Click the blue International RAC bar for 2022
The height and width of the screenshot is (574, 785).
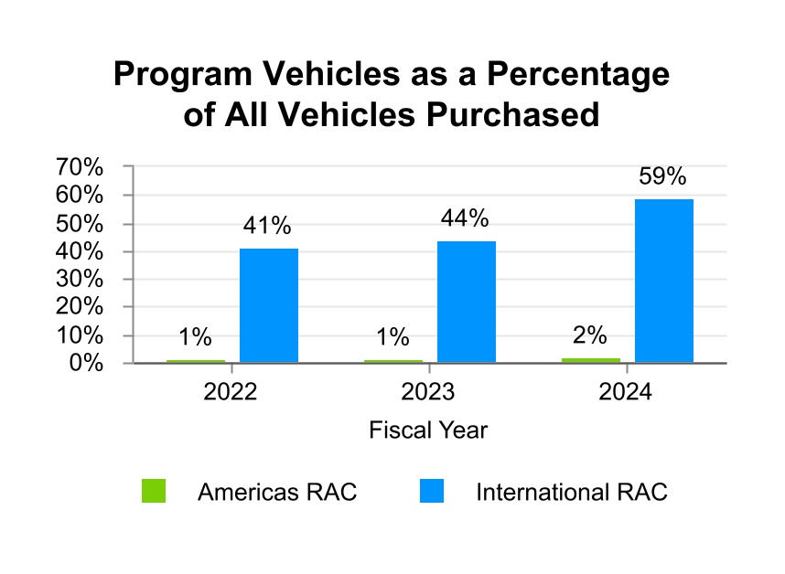[x=268, y=305]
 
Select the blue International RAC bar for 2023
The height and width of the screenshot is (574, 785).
[x=466, y=302]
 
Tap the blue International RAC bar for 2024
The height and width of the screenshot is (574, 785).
[x=663, y=281]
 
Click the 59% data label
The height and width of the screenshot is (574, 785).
[x=662, y=177]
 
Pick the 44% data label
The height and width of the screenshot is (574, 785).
[x=466, y=219]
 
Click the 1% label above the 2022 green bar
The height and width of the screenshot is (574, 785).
[x=196, y=337]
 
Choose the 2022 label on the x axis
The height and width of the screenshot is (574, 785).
[x=231, y=392]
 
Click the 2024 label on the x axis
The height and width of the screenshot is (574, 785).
[x=626, y=392]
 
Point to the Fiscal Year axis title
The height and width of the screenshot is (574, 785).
[x=428, y=430]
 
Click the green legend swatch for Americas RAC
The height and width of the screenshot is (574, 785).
[x=154, y=492]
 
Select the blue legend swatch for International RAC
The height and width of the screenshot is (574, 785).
[x=432, y=492]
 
